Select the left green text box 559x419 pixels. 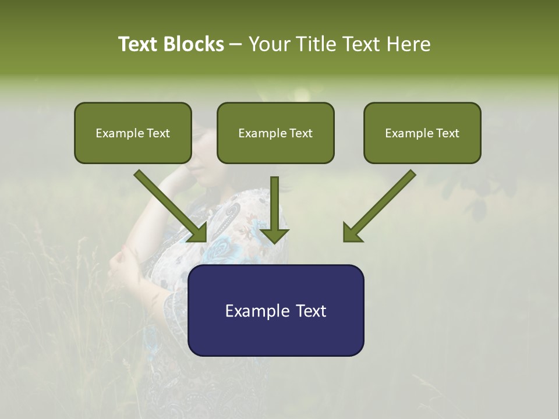click(133, 133)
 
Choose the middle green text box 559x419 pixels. click(275, 133)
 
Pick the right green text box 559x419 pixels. click(422, 133)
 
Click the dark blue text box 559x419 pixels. click(275, 310)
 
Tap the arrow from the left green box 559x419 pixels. click(169, 204)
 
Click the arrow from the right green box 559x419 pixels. click(381, 204)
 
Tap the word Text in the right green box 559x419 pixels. click(447, 133)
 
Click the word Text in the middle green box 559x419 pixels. click(300, 133)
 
